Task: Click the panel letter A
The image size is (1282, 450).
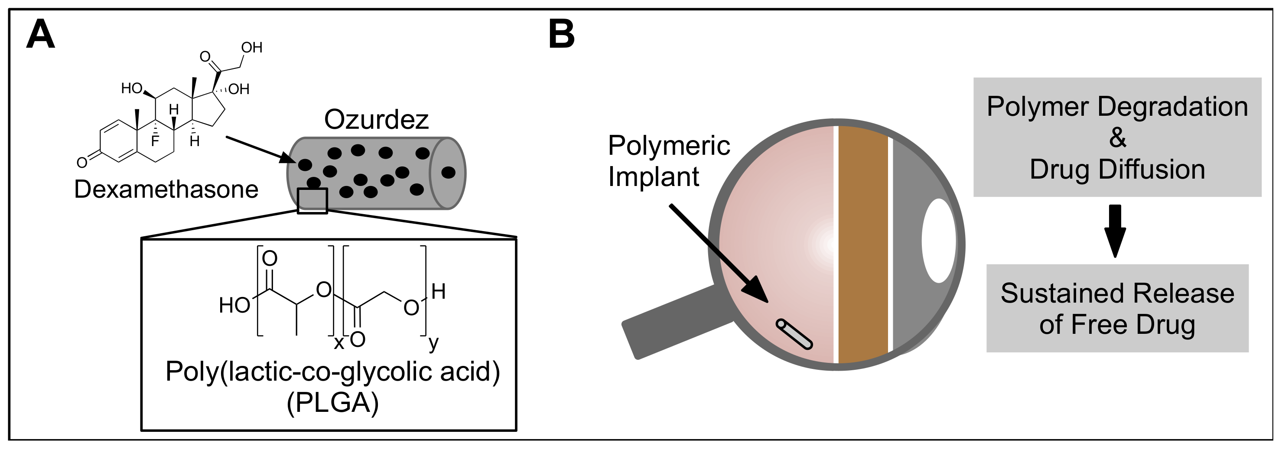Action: pos(40,34)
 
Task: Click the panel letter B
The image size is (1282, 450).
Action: pos(561,34)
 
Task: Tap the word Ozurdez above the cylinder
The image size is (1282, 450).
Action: pos(376,120)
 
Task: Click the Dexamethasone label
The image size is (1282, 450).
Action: pos(166,189)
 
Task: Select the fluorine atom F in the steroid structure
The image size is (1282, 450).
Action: pos(155,141)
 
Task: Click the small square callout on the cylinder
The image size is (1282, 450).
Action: pos(312,201)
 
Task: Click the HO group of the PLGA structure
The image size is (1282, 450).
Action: pos(234,305)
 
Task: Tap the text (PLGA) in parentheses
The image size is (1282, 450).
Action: pos(332,403)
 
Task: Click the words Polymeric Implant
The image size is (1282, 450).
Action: pos(668,161)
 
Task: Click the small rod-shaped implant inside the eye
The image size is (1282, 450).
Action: pos(794,333)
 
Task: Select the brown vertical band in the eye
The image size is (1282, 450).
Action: pos(863,244)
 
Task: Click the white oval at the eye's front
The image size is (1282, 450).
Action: pos(939,241)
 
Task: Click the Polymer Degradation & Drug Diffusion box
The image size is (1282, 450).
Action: pos(1117,137)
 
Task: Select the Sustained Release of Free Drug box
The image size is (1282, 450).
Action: pos(1117,308)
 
